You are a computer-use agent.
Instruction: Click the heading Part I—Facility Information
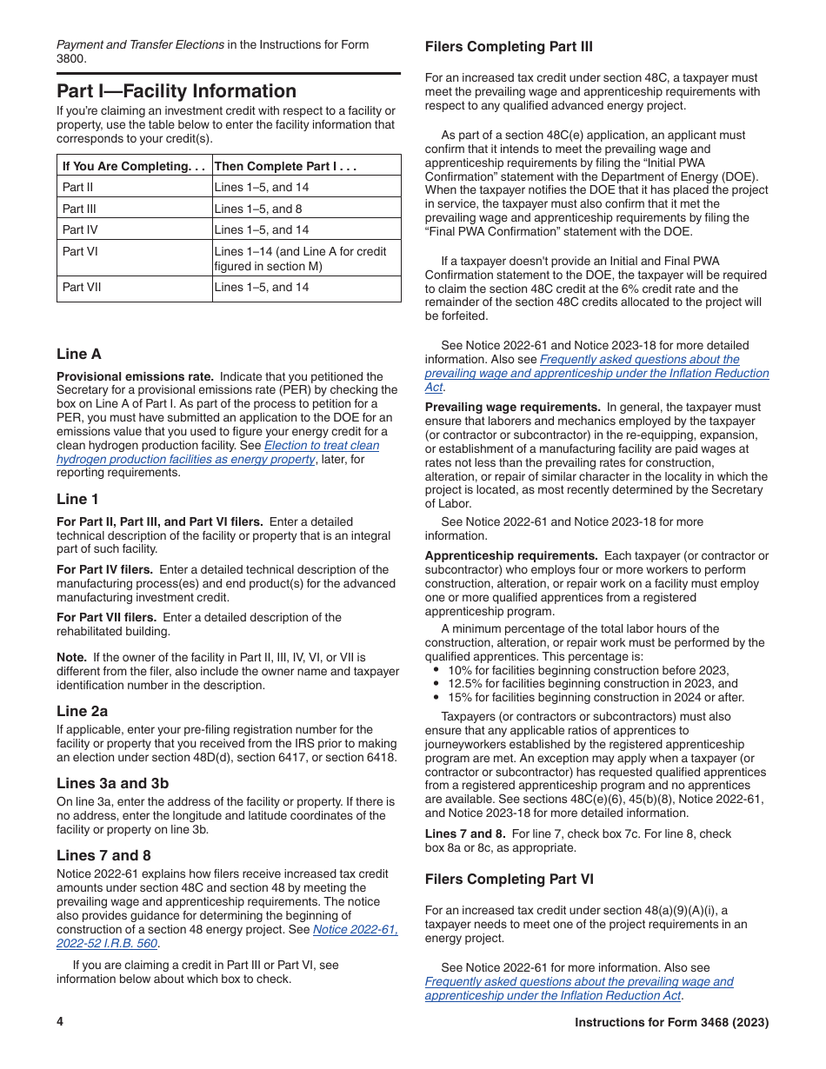[x=177, y=91]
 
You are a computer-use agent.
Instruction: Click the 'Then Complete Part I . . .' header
[x=286, y=166]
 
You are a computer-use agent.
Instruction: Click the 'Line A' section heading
[x=79, y=354]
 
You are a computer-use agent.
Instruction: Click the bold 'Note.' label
[x=71, y=657]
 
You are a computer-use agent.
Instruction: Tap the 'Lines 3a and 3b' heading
[x=112, y=783]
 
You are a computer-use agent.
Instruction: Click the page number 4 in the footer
[x=60, y=1022]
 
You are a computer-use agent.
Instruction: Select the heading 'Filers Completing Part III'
[x=509, y=47]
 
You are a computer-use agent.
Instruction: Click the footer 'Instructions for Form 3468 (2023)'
[x=671, y=1023]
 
